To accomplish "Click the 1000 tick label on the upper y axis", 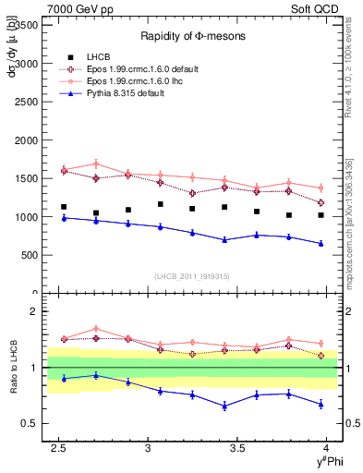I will (x=27, y=217).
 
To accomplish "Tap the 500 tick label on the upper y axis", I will (x=30, y=255).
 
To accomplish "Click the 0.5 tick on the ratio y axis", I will (x=31, y=424).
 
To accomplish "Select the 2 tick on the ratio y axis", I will (x=36, y=311).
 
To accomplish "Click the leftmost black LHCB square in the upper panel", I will (x=64, y=207).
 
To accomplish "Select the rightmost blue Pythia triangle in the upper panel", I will (x=321, y=244).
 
